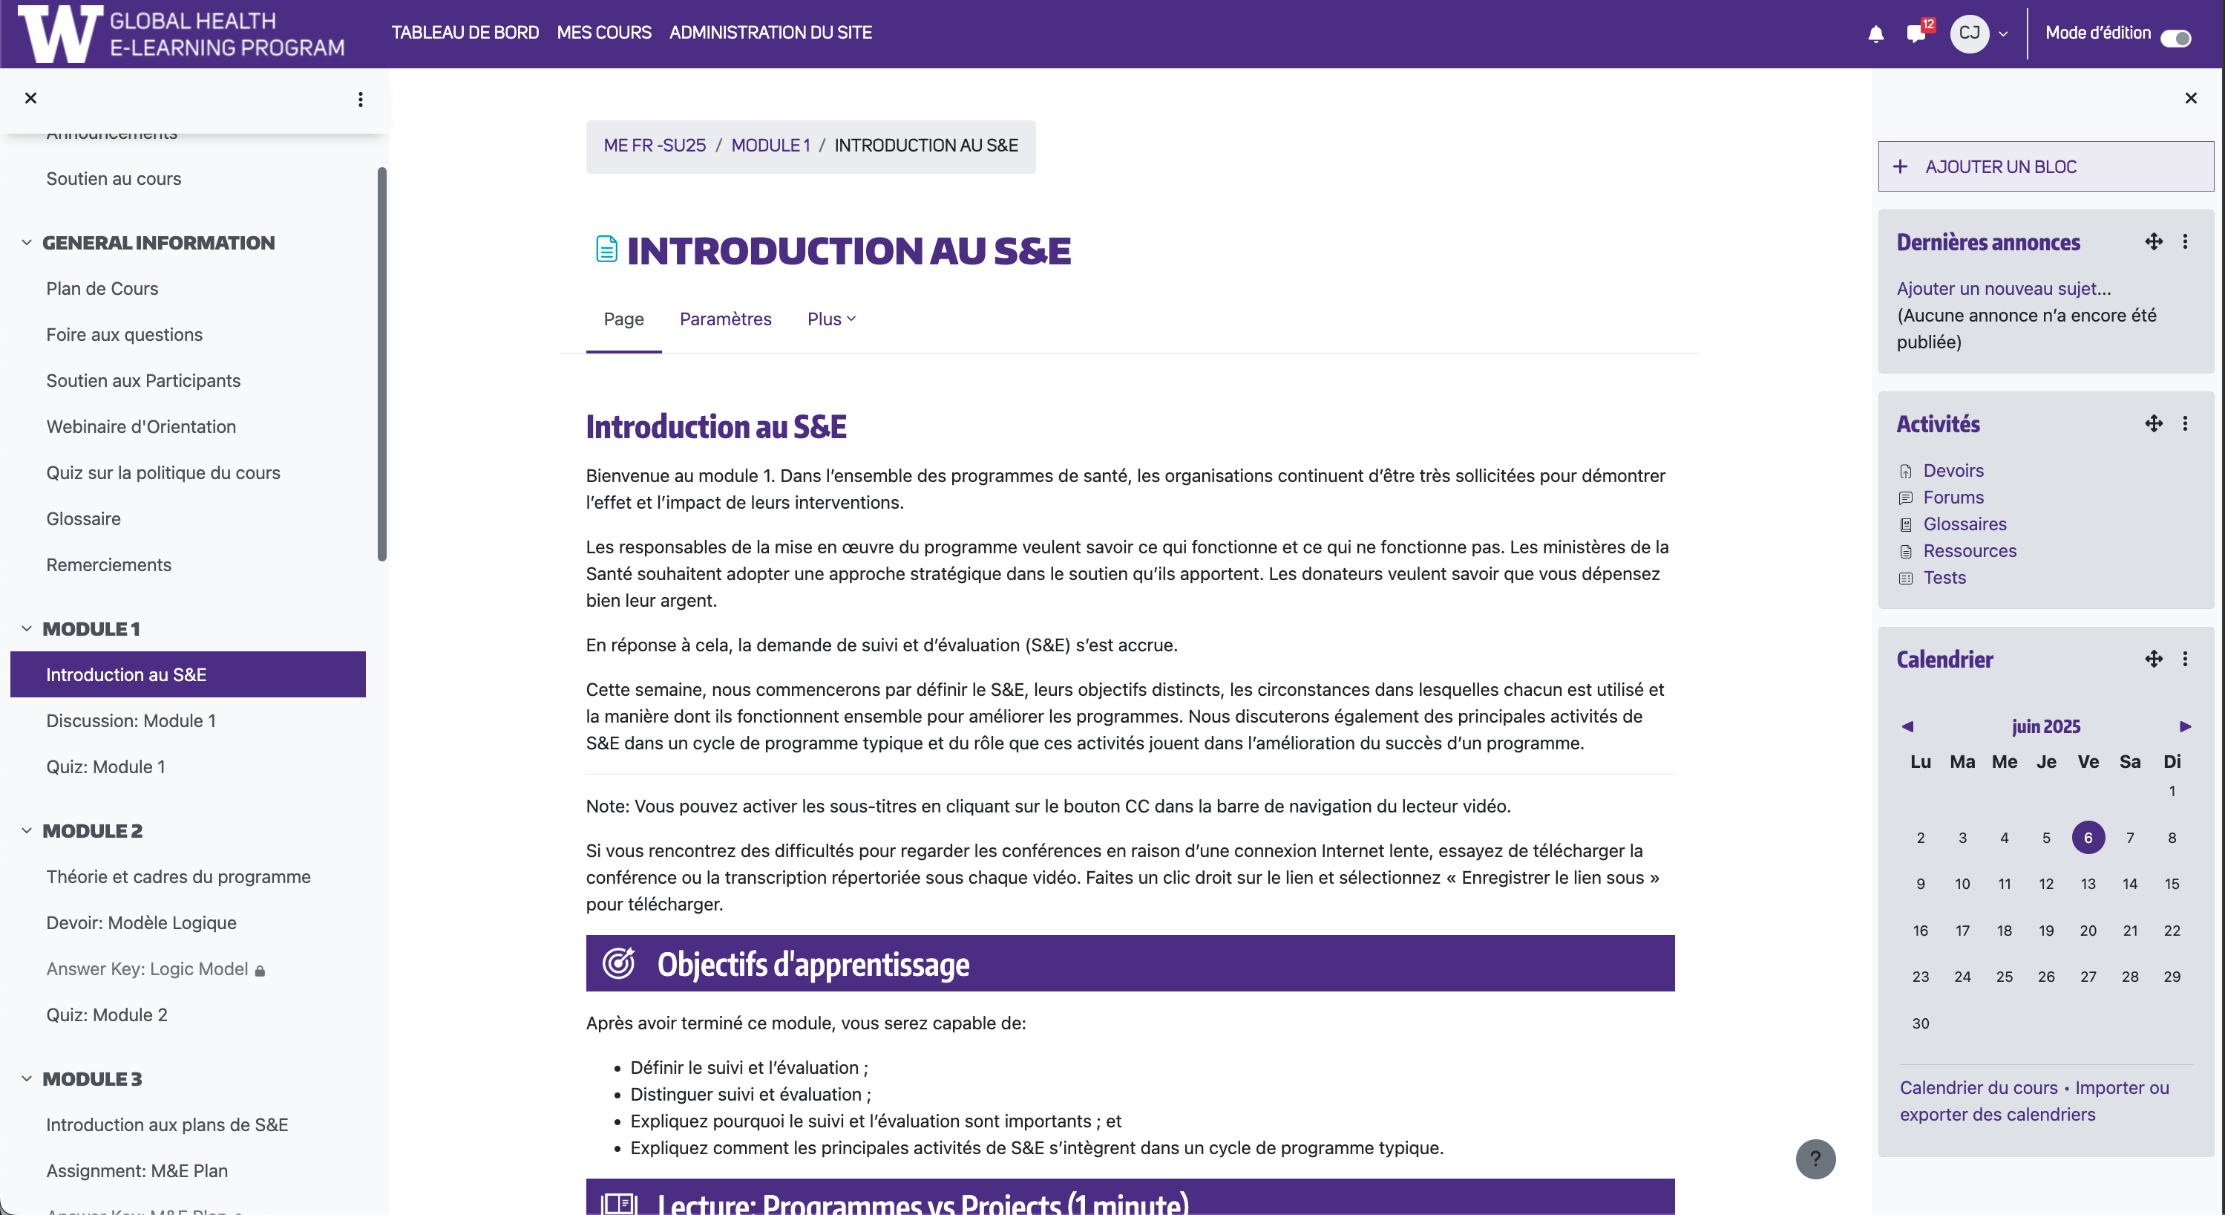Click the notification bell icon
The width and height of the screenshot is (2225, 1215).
tap(1875, 33)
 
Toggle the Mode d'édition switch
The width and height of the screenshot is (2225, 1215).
tap(2175, 37)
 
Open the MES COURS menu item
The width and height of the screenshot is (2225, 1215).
tap(604, 33)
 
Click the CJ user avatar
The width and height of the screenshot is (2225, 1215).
tap(1970, 33)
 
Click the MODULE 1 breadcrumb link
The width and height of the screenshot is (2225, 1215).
tap(770, 145)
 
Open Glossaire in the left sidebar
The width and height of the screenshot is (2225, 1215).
tap(83, 518)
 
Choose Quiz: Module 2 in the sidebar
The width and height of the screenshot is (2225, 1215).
tap(106, 1014)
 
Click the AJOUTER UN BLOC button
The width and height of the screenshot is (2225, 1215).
tap(2045, 167)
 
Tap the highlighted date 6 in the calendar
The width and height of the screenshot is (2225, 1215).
tap(2088, 838)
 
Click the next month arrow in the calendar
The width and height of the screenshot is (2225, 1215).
tap(2184, 726)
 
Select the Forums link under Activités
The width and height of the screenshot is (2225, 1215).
tap(1953, 497)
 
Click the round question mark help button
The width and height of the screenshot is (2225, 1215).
tap(1815, 1159)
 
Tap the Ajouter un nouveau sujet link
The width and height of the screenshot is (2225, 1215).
tap(2002, 289)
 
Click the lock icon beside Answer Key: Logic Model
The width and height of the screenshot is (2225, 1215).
tap(260, 971)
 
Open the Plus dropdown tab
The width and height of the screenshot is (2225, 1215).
tap(830, 319)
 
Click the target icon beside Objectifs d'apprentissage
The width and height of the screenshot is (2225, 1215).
tap(618, 962)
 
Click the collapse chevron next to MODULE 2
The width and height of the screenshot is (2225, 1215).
tap(27, 830)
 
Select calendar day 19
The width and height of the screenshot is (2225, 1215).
tap(2045, 931)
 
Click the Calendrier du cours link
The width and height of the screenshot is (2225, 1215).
tap(1978, 1087)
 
